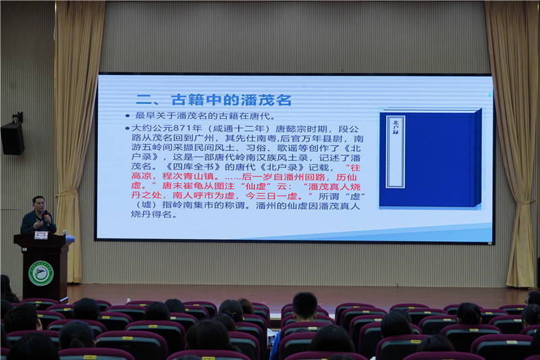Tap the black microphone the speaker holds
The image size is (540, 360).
[46, 217]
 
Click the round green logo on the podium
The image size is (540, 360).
[40, 273]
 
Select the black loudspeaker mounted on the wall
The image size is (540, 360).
[12, 138]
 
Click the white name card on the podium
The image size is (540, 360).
[41, 235]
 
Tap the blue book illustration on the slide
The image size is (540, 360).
[429, 159]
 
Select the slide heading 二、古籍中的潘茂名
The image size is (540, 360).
[213, 100]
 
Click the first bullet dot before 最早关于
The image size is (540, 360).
[128, 116]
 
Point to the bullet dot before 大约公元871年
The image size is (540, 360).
[128, 128]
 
